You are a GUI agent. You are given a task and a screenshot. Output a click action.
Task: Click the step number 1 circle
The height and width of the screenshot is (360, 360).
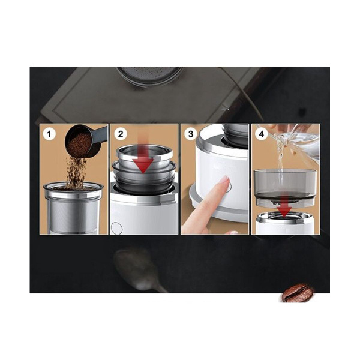click(x=48, y=134)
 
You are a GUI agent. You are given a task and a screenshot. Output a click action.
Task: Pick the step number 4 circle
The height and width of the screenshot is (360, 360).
click(x=260, y=134)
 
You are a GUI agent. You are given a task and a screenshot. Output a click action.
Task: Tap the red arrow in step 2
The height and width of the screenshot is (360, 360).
click(x=143, y=159)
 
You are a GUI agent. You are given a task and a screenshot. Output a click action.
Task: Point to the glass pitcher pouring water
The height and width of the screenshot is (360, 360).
click(x=297, y=141)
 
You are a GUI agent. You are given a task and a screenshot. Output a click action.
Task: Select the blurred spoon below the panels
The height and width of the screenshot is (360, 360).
click(x=135, y=264)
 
